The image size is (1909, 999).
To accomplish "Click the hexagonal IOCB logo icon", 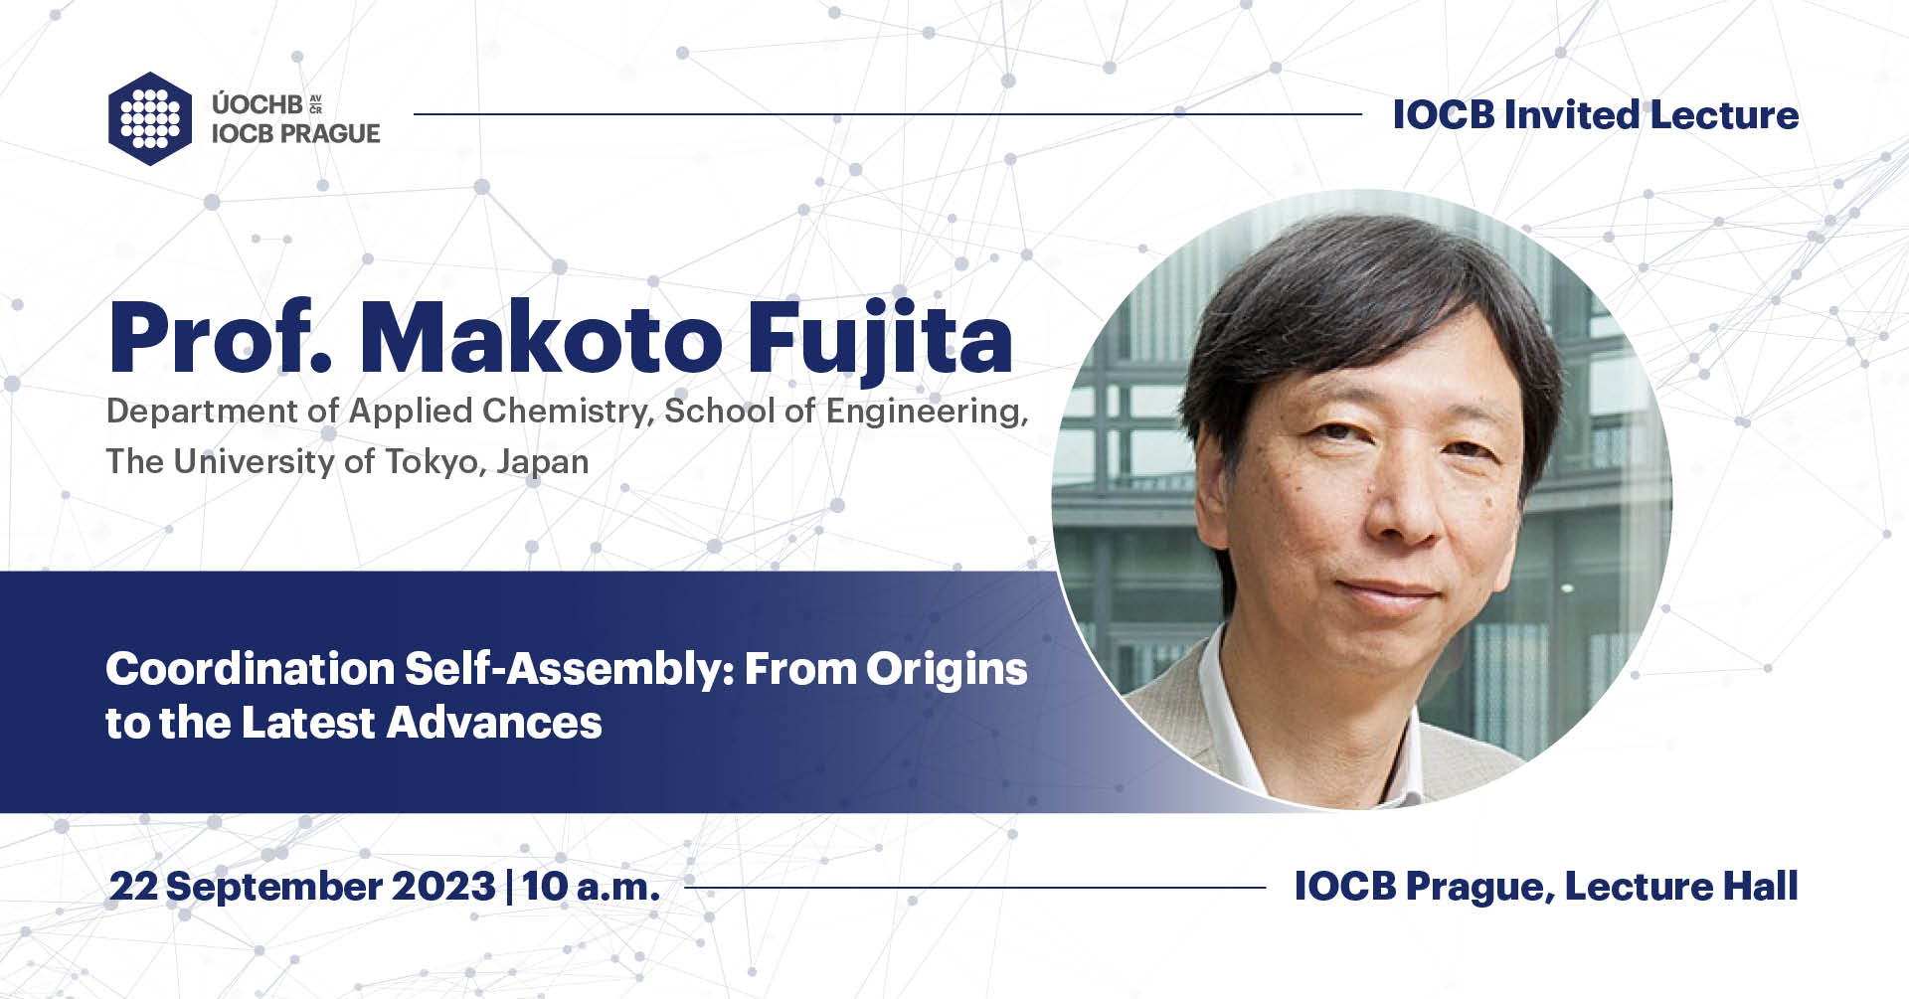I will (150, 118).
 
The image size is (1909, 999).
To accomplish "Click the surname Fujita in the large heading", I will (879, 339).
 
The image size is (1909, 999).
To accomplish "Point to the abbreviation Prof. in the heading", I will (220, 339).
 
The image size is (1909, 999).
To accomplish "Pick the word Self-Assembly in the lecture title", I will (569, 669).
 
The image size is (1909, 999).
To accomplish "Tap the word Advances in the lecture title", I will (494, 723).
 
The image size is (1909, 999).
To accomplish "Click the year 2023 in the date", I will (443, 886).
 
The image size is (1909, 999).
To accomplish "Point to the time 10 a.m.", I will (591, 886).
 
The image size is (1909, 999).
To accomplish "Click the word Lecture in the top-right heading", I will (1724, 115).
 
